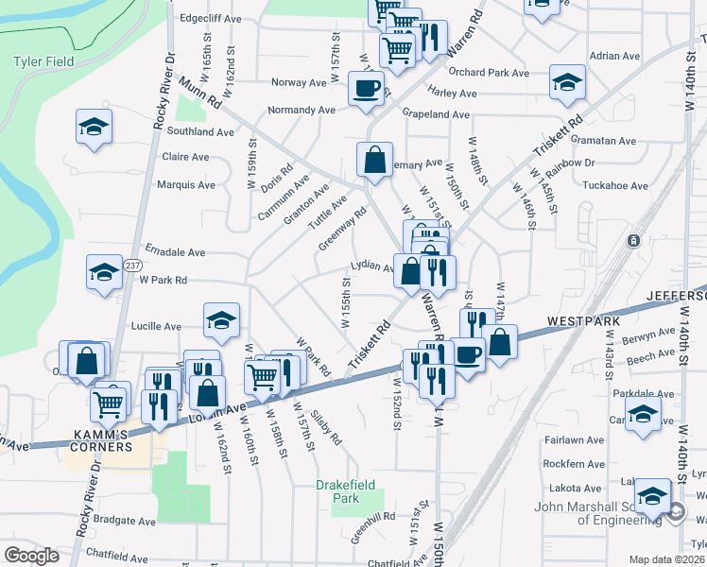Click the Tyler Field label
point(43,62)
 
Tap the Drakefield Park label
point(338,491)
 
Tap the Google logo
point(31,556)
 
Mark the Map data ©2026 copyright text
point(666,559)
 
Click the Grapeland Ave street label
point(436,114)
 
